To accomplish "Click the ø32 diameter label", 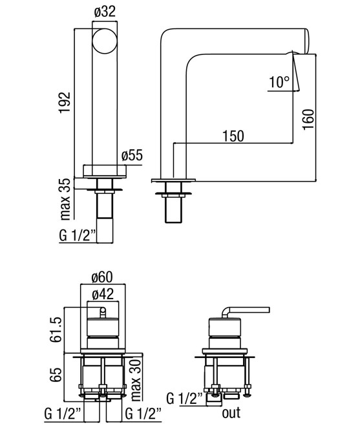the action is pos(105,12).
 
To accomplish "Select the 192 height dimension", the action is pos(65,102).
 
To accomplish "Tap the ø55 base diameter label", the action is pos(132,155).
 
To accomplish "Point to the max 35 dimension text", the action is pos(65,199).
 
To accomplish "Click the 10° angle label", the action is pos(279,82).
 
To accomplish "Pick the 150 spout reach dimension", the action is pos(233,136).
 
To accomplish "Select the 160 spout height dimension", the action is pos(308,120).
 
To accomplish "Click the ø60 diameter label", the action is pos(102,277).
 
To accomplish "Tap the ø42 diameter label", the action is pos(103,294).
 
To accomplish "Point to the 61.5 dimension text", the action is pos(56,329).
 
